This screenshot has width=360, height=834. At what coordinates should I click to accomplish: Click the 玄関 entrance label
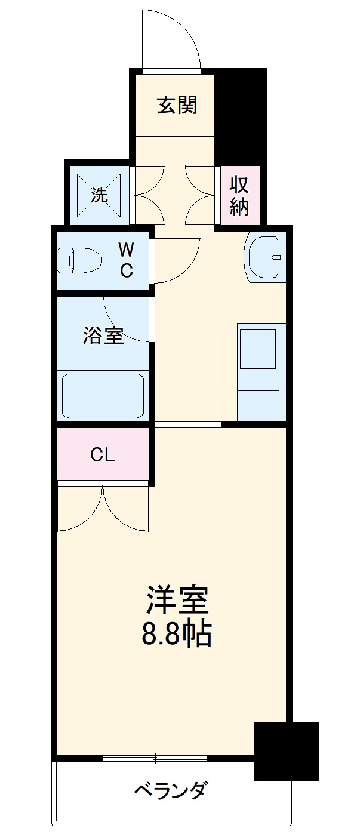click(177, 105)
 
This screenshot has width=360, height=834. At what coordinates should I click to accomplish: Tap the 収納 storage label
click(239, 196)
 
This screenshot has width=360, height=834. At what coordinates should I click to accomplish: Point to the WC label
click(126, 260)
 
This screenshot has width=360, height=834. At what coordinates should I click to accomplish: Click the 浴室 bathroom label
click(103, 336)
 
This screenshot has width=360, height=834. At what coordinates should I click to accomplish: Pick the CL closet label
click(103, 455)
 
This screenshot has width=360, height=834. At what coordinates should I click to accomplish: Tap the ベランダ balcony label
click(170, 791)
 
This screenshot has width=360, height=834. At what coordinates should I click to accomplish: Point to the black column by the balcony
click(285, 751)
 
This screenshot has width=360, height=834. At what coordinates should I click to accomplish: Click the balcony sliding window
click(155, 758)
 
